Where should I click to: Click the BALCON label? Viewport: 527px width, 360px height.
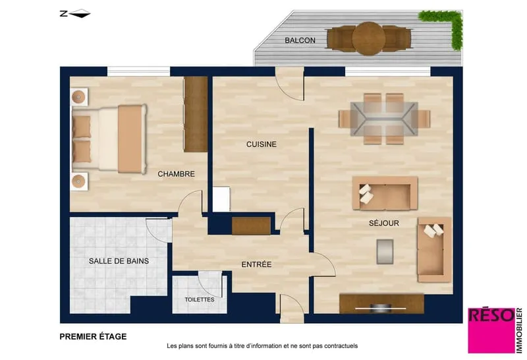(300, 40)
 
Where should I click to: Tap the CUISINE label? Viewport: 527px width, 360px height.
(262, 144)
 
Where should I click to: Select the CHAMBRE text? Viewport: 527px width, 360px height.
(176, 174)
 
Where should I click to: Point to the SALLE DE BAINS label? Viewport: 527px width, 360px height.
(119, 261)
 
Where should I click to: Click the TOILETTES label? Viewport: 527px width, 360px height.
(200, 299)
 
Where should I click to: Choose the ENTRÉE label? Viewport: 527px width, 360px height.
(256, 264)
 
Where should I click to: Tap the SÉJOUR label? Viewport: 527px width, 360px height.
(384, 223)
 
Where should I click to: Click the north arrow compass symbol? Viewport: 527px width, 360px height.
(75, 13)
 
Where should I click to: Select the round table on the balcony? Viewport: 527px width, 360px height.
(369, 38)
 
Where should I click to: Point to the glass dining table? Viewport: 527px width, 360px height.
(384, 119)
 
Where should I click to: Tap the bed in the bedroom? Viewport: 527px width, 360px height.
(109, 138)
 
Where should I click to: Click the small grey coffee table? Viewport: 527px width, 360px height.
(385, 251)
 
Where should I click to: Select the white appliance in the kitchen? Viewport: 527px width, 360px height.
(221, 199)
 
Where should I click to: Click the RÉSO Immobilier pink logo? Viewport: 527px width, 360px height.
(495, 330)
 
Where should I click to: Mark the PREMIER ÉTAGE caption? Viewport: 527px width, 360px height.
(93, 336)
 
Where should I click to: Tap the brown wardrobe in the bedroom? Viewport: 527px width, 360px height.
(196, 114)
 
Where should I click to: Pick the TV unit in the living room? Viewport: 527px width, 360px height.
(381, 304)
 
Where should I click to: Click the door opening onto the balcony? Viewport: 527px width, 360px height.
(290, 84)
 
